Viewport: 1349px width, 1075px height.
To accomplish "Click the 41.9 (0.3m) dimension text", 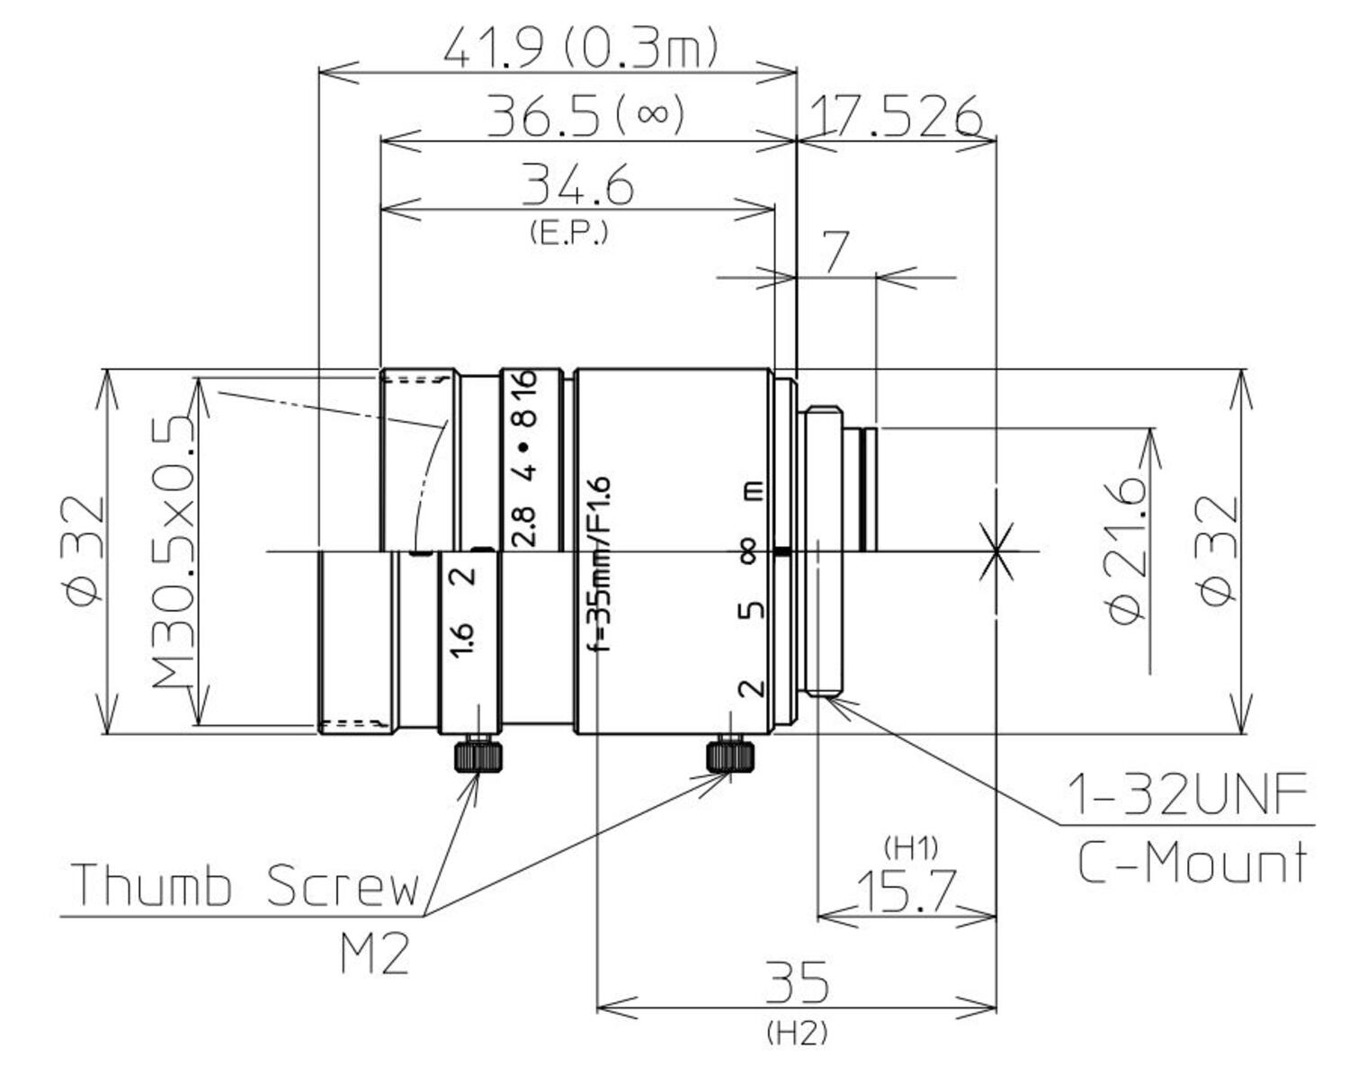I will pos(580,47).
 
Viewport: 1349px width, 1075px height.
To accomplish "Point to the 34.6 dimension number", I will pos(577,185).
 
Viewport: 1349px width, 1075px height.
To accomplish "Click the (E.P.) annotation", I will pos(568,233).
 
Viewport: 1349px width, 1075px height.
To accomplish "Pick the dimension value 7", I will pos(835,253).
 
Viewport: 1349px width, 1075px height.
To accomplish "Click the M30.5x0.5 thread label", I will pos(173,551).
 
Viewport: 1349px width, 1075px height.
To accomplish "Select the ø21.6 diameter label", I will pos(1128,551).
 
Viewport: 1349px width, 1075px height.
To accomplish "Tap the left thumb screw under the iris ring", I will pos(478,756).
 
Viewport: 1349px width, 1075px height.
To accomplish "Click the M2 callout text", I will pos(374,954).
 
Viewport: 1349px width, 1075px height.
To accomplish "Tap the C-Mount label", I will pos(1193,863).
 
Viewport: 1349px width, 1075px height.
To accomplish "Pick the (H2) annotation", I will pos(797,1034).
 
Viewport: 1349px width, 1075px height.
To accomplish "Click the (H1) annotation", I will pos(911,847).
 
